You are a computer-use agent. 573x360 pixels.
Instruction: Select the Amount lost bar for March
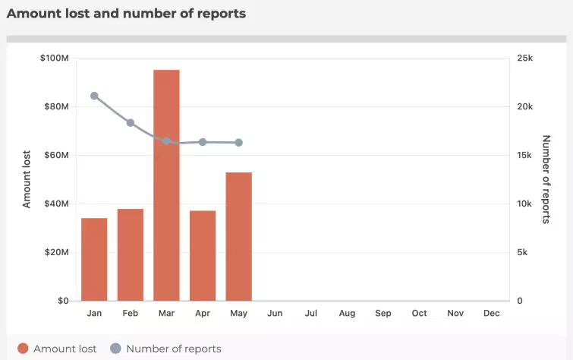point(166,185)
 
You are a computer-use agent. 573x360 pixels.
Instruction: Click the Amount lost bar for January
point(94,259)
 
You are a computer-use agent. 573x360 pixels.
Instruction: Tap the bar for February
point(131,254)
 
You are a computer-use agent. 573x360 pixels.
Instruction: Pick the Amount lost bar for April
point(203,255)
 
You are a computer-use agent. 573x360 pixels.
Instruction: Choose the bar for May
point(238,236)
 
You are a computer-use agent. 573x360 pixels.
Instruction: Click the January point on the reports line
point(94,96)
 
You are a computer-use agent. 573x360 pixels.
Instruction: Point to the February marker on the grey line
point(131,123)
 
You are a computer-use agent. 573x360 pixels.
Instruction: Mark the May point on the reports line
point(238,143)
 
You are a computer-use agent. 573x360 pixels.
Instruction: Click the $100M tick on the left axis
point(55,58)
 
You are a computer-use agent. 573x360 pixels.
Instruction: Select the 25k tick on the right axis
point(525,58)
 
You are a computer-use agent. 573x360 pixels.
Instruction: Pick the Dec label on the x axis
point(491,313)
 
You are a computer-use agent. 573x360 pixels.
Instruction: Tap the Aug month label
point(347,313)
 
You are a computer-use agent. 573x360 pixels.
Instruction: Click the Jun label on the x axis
point(275,313)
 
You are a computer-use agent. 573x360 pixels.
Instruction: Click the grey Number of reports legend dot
point(115,349)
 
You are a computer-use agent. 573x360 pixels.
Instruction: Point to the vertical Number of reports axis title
point(546,179)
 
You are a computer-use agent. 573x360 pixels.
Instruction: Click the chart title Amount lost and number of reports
point(126,14)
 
